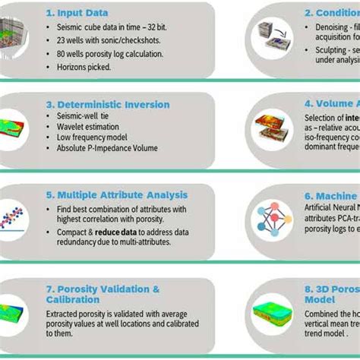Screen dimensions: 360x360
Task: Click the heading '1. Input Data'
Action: point(77,13)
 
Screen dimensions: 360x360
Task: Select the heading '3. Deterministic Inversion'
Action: point(108,104)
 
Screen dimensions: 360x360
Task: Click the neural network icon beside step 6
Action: point(271,220)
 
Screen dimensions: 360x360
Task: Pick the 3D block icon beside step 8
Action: point(273,312)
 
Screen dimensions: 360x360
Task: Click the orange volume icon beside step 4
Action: point(275,130)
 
